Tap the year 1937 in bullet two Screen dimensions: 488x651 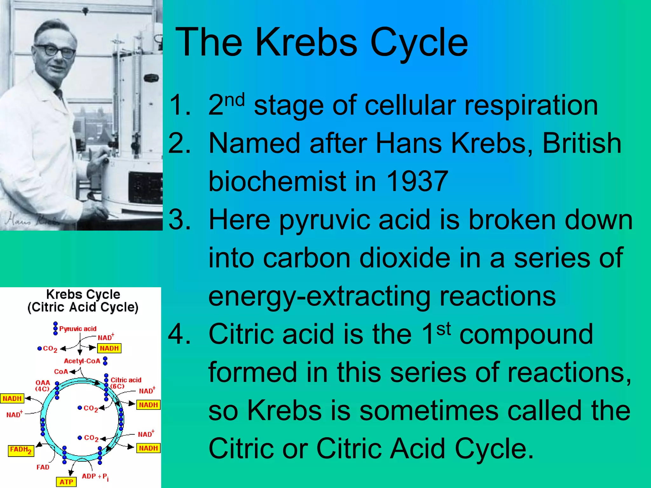click(417, 181)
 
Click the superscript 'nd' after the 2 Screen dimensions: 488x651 click(235, 100)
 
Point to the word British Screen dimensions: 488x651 click(582, 143)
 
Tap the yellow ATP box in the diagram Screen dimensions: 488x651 click(66, 482)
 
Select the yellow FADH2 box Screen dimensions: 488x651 click(21, 450)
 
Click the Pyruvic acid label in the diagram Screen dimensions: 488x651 click(78, 329)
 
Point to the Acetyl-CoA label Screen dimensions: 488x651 click(82, 361)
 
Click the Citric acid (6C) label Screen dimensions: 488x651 click(126, 383)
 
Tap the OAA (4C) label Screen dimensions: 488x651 click(43, 386)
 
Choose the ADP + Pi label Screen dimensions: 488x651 click(95, 477)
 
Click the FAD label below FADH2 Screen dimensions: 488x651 click(43, 467)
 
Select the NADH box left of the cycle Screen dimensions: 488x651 click(12, 398)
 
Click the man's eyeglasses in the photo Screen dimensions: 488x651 click(56, 51)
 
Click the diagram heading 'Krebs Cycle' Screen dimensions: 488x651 click(83, 294)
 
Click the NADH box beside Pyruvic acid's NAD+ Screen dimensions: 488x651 click(109, 348)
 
